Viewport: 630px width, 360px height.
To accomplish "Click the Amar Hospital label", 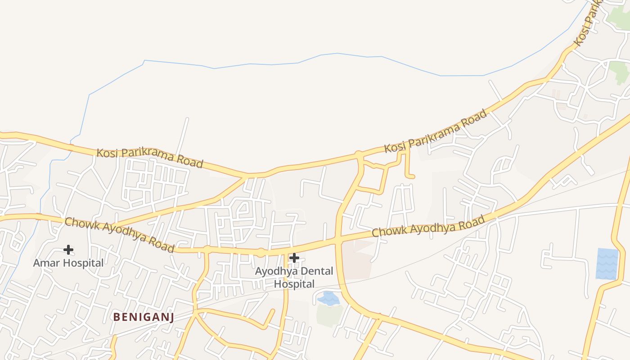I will click(x=68, y=263).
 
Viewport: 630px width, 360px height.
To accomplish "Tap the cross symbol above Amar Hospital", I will click(x=68, y=249).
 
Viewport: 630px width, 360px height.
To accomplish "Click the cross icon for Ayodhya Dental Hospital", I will click(x=294, y=258).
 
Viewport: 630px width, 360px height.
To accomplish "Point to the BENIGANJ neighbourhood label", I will click(x=144, y=317).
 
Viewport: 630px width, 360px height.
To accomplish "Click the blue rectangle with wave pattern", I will click(x=607, y=264).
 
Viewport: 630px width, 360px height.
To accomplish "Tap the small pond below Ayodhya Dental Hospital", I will click(x=329, y=298).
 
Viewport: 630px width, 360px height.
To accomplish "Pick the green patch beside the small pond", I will click(x=329, y=315).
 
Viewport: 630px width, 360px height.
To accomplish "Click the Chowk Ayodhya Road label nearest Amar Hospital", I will click(x=119, y=234).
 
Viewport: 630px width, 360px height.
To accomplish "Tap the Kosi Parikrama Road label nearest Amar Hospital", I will click(x=150, y=157).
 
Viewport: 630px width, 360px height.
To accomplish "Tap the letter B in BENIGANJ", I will click(x=116, y=317).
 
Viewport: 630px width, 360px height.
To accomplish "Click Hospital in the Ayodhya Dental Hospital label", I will click(x=294, y=284).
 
